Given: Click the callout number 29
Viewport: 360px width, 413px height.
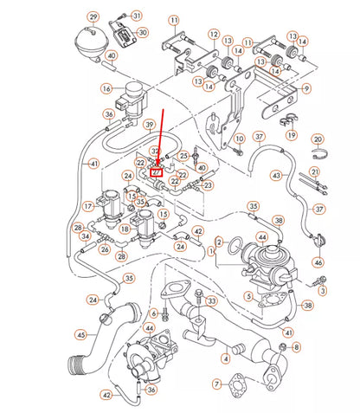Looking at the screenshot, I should point(93,16).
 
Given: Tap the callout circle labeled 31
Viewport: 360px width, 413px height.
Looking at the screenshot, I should point(137,16).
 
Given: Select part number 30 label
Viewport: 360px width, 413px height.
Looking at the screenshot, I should point(143,33).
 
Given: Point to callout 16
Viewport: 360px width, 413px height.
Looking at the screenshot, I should point(106,88).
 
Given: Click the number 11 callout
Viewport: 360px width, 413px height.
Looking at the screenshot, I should point(174,20).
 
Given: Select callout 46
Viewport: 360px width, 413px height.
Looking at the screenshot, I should point(318,261).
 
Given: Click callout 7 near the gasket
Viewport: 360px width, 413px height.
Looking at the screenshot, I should point(216,384).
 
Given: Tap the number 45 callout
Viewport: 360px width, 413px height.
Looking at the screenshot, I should point(80,335).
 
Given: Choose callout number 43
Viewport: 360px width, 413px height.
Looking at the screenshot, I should point(275,175).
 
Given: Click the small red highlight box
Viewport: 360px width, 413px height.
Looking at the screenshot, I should point(157,171).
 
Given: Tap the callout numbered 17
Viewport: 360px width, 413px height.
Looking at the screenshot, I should point(88,206).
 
